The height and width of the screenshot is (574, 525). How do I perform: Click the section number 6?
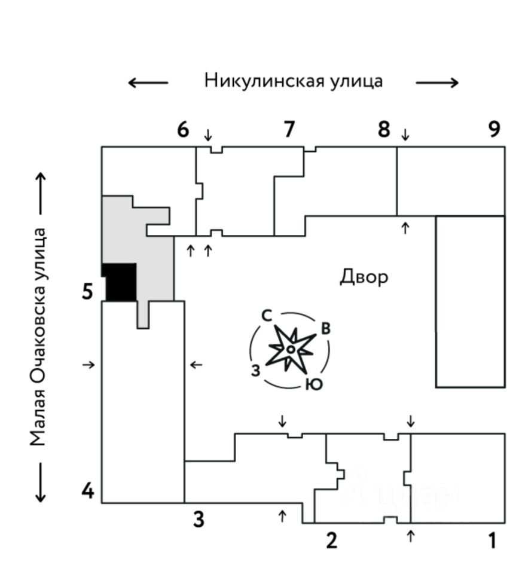pos(183,129)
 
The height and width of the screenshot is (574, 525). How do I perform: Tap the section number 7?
pos(289,129)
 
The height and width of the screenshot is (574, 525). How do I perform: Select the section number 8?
pos(383,129)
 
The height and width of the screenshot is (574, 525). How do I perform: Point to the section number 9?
pos(494,129)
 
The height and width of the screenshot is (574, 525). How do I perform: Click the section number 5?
pos(88,292)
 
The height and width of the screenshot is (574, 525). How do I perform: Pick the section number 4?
pos(88,491)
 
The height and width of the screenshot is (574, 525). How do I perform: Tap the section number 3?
pos(199,519)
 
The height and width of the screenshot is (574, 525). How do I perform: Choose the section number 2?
pos(331,541)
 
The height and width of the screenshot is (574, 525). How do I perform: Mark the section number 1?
pos(492,541)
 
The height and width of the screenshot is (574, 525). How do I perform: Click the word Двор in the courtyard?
pos(364,277)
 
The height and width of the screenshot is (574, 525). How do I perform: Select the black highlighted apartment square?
pos(120,282)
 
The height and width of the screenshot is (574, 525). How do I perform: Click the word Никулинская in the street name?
pos(264,80)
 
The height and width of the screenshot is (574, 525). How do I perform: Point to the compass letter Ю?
pos(313,384)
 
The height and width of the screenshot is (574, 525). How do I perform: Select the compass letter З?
pos(255,371)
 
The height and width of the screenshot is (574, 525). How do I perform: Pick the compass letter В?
pos(325,328)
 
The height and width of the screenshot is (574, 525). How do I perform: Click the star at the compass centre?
pos(290,349)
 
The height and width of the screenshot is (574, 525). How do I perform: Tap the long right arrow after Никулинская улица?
pos(437,83)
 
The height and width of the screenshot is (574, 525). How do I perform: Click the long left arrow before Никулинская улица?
pos(148,83)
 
